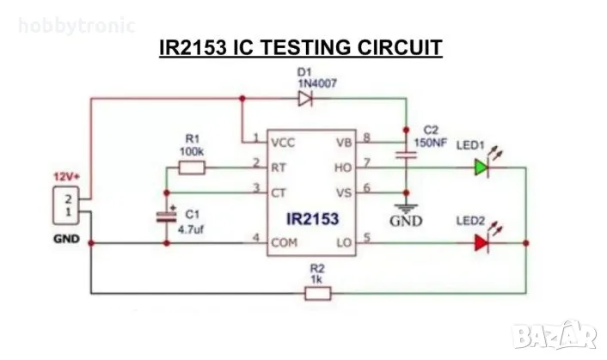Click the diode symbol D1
[304, 99]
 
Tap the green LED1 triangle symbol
[480, 168]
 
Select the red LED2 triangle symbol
[480, 244]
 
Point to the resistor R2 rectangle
[317, 294]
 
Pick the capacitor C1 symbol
[167, 217]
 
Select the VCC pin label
[282, 142]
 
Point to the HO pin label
[343, 166]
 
